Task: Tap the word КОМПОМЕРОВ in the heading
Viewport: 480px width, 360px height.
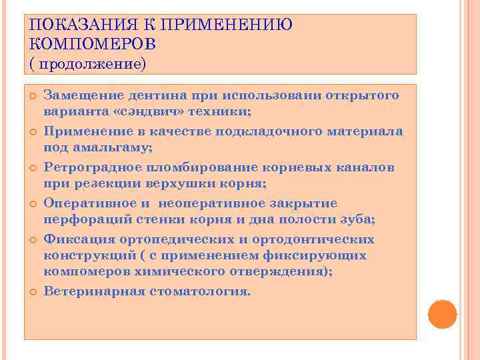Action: click(x=93, y=44)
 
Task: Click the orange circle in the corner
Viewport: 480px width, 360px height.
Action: click(x=442, y=314)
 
